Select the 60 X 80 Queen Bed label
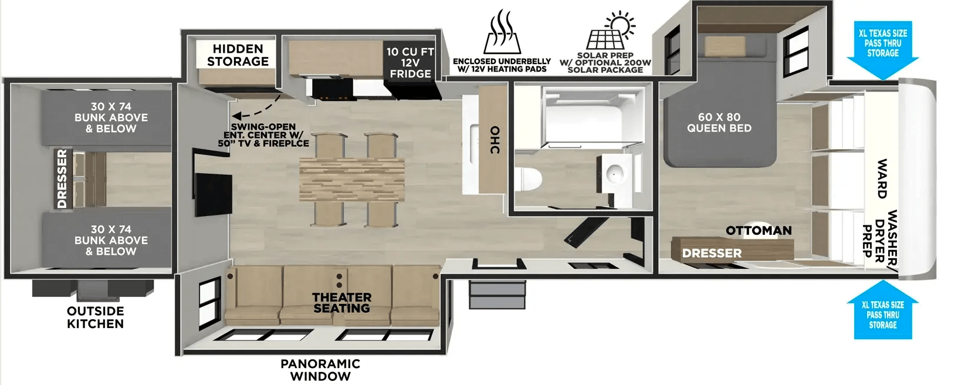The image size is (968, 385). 719,122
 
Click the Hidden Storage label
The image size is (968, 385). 238,55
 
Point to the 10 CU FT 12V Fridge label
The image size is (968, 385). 410,63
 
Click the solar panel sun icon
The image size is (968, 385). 611,30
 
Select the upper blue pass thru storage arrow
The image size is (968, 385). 882,50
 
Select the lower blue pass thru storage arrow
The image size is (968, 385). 882,309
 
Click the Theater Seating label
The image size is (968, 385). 342,302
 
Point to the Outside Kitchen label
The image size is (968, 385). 95,317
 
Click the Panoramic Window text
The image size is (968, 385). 320,370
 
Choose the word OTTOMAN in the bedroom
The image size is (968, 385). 759,230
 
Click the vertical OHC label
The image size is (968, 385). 495,140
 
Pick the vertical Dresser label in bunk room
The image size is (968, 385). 62,179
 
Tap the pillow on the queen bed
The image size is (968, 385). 725,47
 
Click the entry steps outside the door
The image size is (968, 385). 497,294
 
